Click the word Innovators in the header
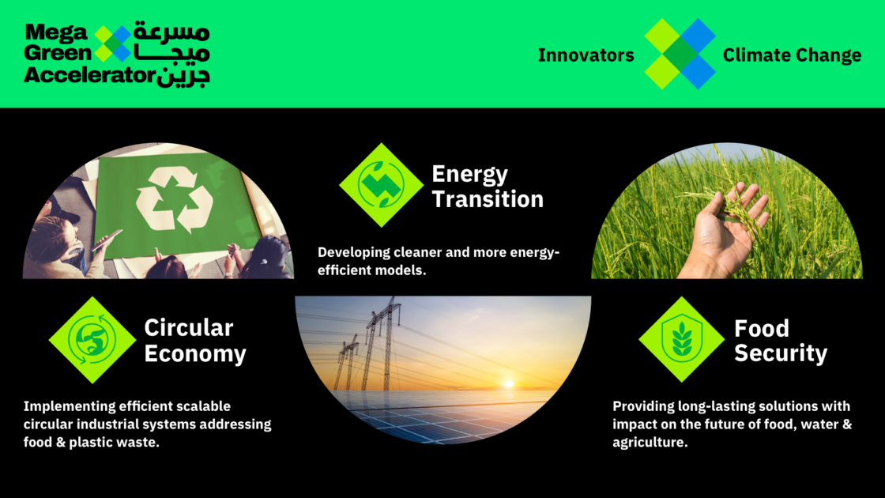coord(586,55)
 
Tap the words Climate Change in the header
coord(792,55)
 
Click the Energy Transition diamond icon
coord(382,185)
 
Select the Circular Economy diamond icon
coord(92,340)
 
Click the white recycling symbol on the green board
coord(174,201)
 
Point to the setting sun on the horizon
coord(508,383)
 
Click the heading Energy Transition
coord(488,187)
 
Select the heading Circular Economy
coord(195,341)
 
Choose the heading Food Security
coord(781,341)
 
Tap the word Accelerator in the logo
coord(87,76)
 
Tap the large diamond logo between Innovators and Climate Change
coord(679,55)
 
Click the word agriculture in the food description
coord(649,442)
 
